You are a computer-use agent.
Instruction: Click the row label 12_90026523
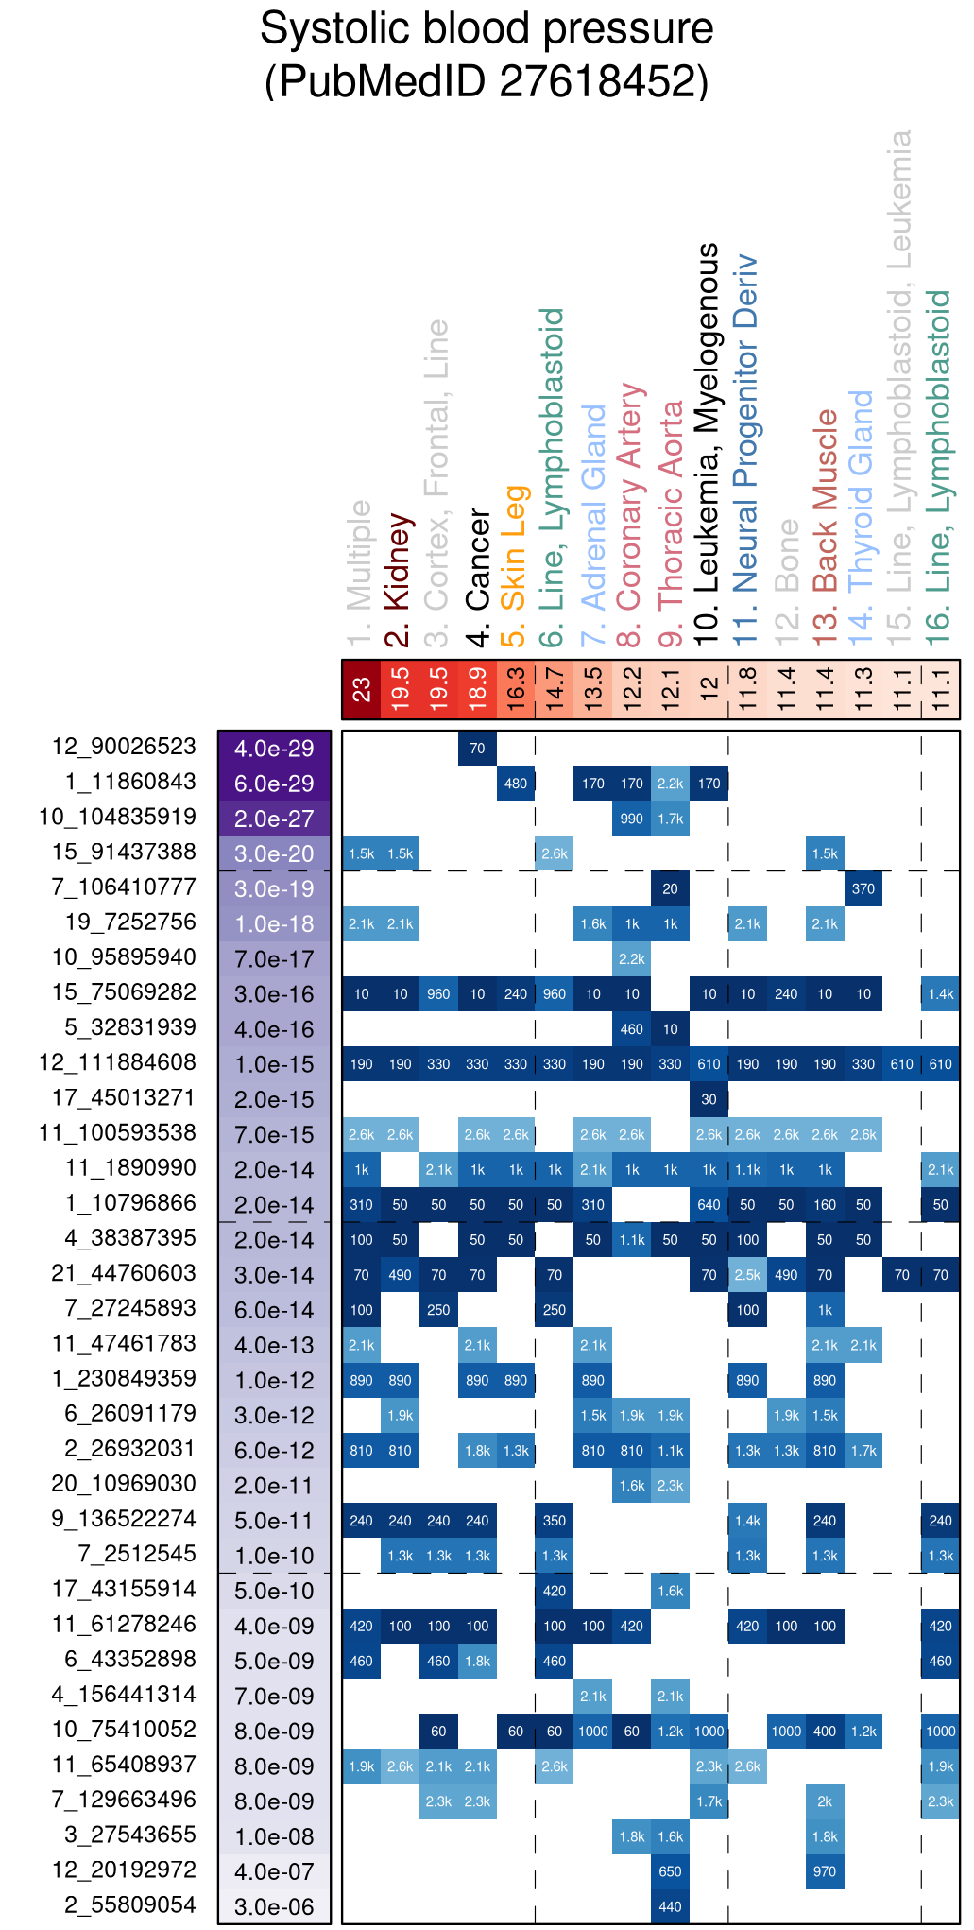[124, 747]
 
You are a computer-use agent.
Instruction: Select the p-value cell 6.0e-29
[274, 784]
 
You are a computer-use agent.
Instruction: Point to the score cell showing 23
[361, 690]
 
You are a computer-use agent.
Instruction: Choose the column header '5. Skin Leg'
[514, 565]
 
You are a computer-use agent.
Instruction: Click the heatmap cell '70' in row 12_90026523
[477, 749]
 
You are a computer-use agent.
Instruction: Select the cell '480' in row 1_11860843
[516, 784]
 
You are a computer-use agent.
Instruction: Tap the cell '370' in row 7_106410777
[863, 888]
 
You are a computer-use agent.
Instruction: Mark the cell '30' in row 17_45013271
[709, 1099]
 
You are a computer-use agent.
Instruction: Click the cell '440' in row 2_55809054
[670, 1906]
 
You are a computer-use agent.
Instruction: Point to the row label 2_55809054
[130, 1905]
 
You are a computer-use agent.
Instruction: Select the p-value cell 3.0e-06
[274, 1907]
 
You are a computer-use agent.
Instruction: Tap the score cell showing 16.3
[516, 690]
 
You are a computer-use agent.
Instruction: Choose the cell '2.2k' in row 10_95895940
[631, 959]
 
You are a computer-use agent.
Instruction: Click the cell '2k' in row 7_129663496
[825, 1801]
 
